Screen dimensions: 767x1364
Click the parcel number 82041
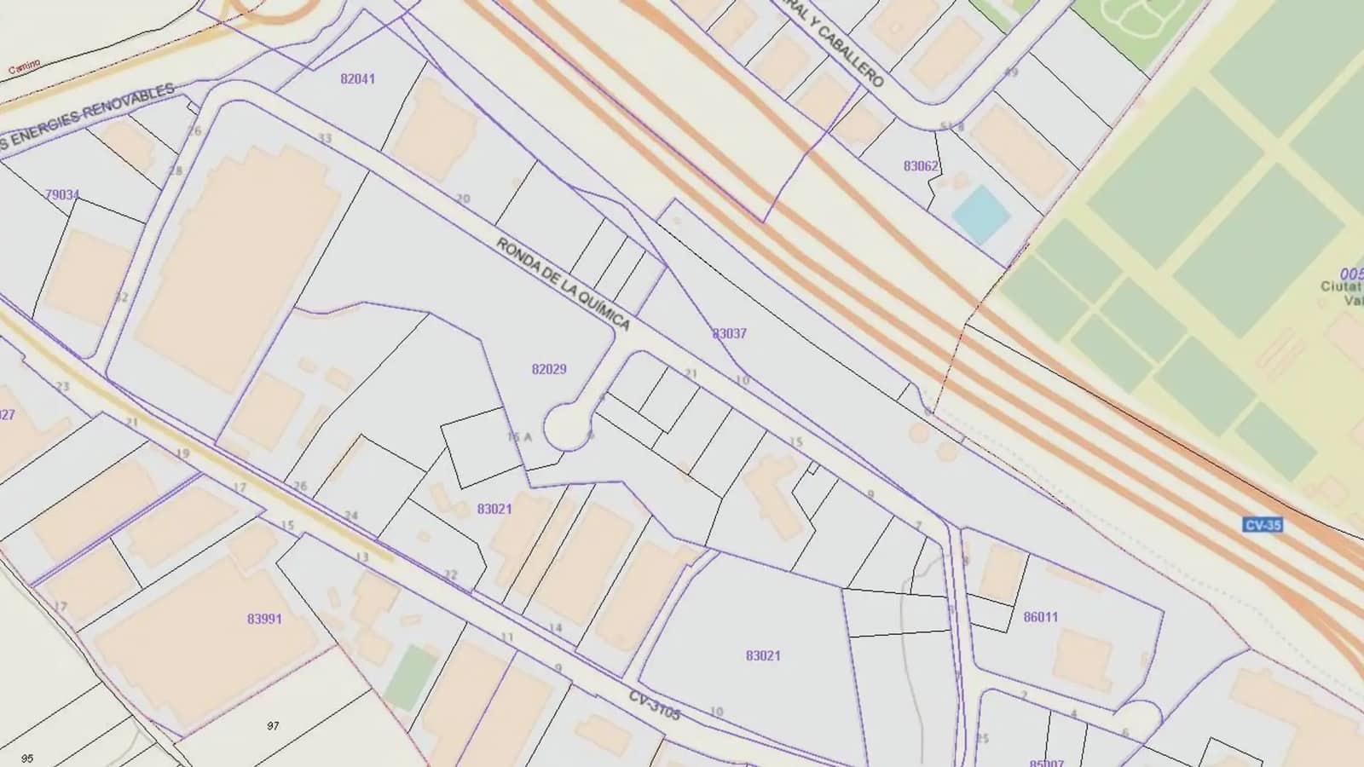pos(357,78)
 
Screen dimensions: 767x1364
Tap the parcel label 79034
pos(62,195)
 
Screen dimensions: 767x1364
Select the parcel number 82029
pos(548,369)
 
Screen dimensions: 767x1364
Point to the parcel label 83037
pos(729,333)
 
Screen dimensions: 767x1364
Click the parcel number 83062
pos(921,166)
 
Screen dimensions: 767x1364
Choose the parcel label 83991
pos(264,619)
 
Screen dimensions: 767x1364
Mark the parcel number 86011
pos(1040,617)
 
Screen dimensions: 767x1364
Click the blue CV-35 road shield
pos(1263,525)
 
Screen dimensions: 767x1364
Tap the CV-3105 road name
pos(655,706)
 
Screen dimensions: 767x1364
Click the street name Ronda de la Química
pos(564,284)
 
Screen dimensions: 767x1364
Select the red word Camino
pos(24,68)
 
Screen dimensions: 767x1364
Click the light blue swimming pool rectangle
pos(981,213)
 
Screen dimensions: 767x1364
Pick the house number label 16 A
pos(519,437)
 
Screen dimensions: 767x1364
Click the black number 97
pos(273,726)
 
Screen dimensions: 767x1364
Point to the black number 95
pos(27,758)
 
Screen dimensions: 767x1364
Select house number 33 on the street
pos(325,138)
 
